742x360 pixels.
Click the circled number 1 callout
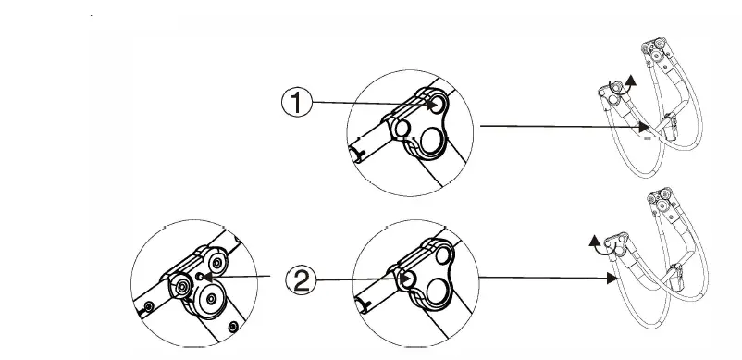pos(296,103)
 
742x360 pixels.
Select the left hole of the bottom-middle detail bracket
pos(409,278)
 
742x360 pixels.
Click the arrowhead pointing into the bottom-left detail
pos(210,276)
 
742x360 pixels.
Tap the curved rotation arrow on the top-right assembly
pos(632,81)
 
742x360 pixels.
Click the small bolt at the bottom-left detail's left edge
pos(147,306)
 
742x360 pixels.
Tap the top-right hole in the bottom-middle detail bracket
pos(444,254)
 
